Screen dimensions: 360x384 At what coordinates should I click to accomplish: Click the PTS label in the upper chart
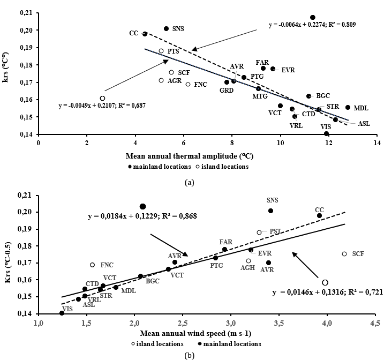tap(173, 51)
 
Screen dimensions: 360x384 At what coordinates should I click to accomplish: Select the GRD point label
tap(226, 89)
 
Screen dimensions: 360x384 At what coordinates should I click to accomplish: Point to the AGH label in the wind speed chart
tap(247, 268)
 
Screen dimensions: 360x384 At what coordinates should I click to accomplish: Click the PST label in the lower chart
tap(275, 231)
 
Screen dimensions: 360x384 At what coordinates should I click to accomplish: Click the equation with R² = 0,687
tap(102, 106)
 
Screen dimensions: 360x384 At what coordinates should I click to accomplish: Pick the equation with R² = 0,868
tap(142, 216)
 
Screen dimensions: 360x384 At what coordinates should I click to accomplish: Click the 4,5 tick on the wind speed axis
tap(375, 324)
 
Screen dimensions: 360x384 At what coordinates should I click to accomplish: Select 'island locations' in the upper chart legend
tap(225, 166)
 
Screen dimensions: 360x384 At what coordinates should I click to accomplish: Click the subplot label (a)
tap(189, 182)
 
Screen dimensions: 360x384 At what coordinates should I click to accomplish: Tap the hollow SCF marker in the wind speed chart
tap(344, 254)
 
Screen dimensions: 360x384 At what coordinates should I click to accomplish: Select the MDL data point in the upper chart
tap(348, 108)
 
